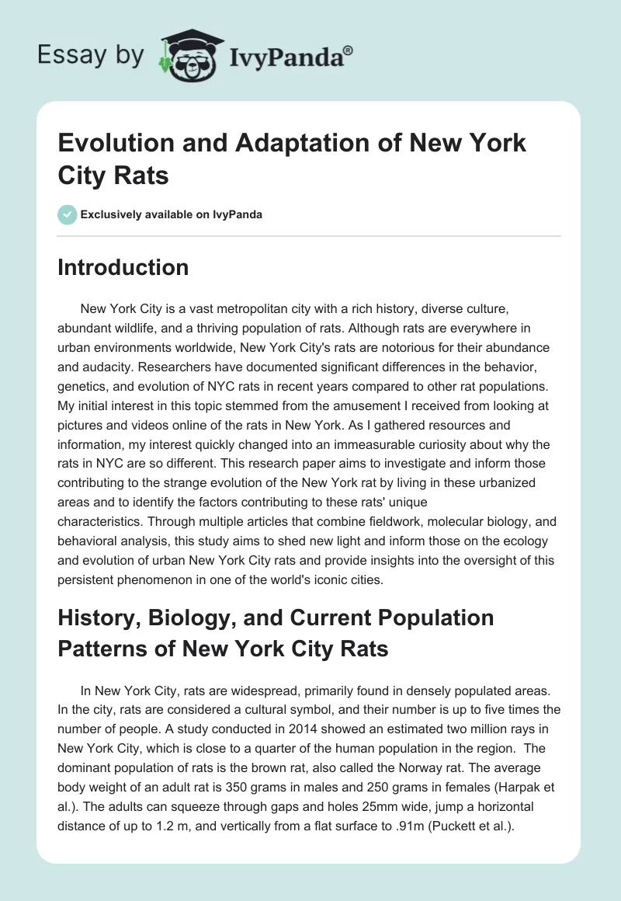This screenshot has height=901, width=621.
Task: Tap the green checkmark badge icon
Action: click(x=68, y=214)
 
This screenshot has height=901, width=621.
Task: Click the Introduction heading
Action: click(x=123, y=267)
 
